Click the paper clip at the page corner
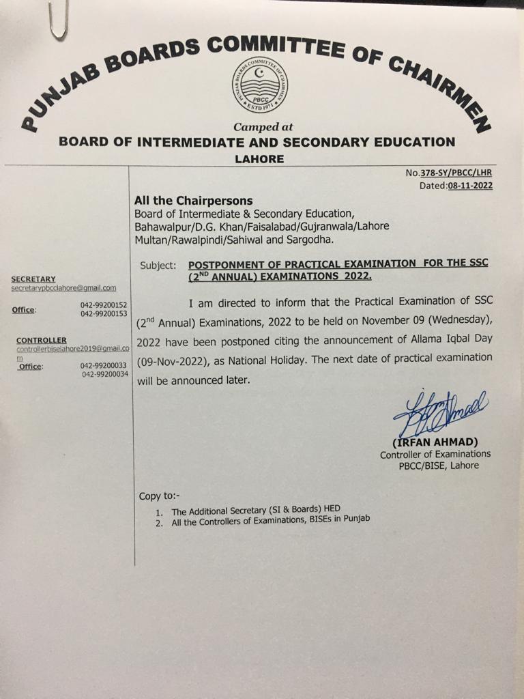coord(58,19)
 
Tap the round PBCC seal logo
coord(259,85)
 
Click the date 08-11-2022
coord(470,185)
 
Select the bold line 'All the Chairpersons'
coord(193,201)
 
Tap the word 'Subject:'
coord(158,265)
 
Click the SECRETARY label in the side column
coord(33,279)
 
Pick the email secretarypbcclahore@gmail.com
coord(63,289)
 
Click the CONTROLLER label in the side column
coord(41,340)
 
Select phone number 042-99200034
coord(105,375)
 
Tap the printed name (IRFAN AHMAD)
coord(435,442)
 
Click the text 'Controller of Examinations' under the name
coord(435,454)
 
